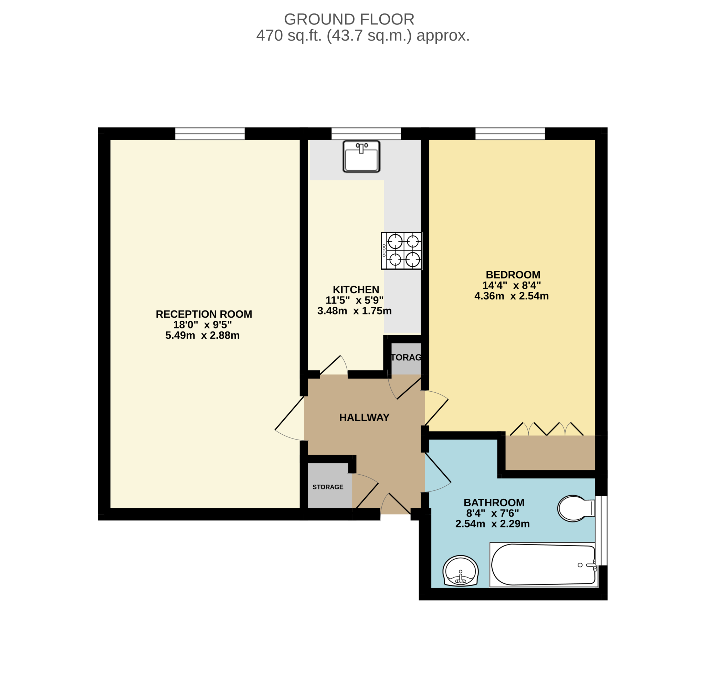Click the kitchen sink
coord(361,156)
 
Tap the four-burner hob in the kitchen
coord(401,251)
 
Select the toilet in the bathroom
coord(576,508)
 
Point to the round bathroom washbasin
coord(461,571)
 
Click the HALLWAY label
coord(364,417)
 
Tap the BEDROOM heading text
coord(513,275)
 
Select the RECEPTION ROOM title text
coord(204,314)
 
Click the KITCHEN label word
coord(356,290)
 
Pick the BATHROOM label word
coord(494,503)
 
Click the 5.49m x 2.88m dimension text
coord(202,335)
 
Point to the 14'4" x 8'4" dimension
coord(512,285)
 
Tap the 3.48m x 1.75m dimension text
coord(354,311)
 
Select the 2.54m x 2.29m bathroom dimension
coord(492,524)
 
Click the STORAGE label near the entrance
coord(328,487)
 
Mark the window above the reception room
coord(210,134)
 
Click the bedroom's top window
coord(510,134)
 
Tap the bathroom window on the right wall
coord(601,530)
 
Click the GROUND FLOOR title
coord(349,19)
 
